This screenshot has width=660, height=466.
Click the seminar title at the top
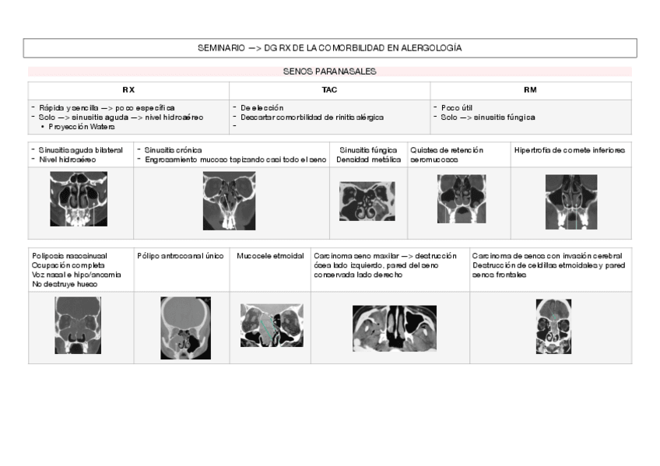329,48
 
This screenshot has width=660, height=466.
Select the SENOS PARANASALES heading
329,71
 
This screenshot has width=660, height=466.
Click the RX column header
128,90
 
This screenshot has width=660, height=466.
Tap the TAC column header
329,90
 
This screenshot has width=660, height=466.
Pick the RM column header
530,90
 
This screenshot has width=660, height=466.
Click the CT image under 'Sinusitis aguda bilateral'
79,199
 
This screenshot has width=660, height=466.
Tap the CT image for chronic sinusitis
229,201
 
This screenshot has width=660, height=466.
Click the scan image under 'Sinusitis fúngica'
367,201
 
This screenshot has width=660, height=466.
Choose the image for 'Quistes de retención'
462,198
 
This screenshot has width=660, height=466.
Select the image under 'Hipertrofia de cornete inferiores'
571,201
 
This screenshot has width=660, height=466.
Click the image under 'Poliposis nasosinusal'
78,325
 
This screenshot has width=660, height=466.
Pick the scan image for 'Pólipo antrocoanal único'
185,328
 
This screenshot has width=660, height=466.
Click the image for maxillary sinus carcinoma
394,328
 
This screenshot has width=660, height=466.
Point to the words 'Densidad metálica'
369,159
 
